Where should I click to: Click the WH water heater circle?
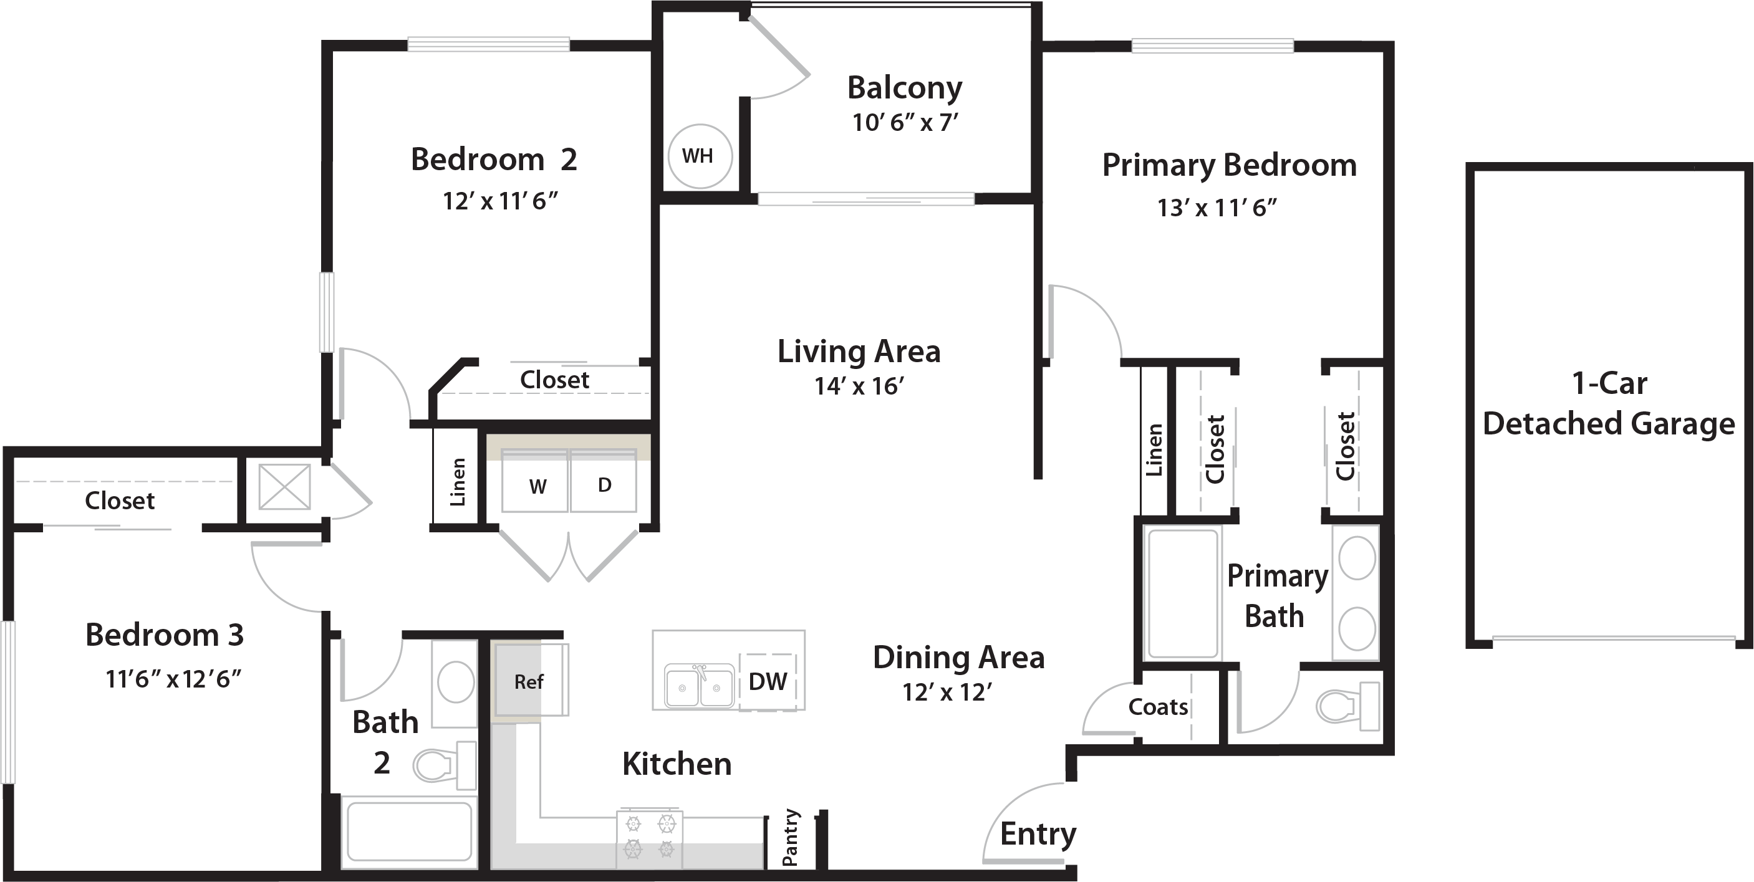pos(700,156)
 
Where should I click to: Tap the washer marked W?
pos(534,481)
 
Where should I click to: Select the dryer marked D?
pos(604,481)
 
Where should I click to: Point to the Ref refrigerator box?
pos(531,679)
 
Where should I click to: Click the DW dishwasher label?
pos(768,682)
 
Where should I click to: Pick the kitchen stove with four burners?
pos(650,838)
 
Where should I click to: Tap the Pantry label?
pos(791,838)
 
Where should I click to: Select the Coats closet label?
pos(1158,707)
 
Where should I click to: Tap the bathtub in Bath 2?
pos(409,832)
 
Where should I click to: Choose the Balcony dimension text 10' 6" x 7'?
pos(905,123)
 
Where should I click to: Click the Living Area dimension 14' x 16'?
pos(859,386)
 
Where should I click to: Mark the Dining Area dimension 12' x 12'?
pos(947,692)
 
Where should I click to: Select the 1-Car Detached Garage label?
pos(1609,403)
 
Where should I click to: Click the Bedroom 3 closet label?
pos(120,501)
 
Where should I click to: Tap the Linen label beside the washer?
pos(458,482)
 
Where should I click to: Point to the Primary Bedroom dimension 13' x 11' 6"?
pos(1217,208)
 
